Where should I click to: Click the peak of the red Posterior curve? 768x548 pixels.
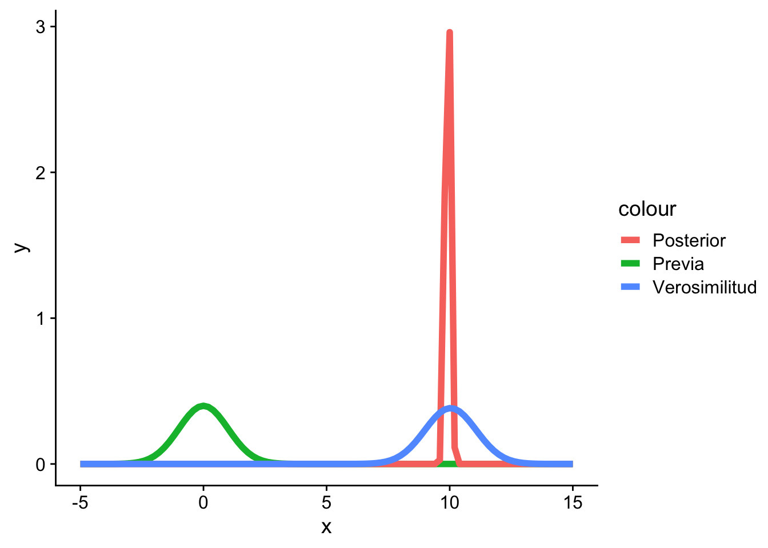(x=450, y=33)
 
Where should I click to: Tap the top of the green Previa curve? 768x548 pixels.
(x=203, y=406)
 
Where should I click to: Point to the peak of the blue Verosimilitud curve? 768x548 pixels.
(x=451, y=408)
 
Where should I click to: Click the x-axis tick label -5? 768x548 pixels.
(x=80, y=503)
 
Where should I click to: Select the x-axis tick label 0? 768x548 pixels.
(x=203, y=503)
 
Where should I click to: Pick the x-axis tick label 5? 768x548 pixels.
(x=326, y=503)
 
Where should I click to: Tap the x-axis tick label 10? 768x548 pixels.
(x=450, y=503)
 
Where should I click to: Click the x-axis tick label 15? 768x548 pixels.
(x=573, y=503)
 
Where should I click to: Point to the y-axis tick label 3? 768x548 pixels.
(x=41, y=27)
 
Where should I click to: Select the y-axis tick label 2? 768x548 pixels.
(x=41, y=172)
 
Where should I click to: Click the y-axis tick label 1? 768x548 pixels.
(x=41, y=318)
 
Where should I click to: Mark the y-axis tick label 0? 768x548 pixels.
(x=41, y=464)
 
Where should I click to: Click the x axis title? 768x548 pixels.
(x=326, y=527)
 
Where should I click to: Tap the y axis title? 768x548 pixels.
(x=21, y=246)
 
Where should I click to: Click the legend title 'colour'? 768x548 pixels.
(x=647, y=209)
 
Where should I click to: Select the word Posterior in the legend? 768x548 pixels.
(x=689, y=240)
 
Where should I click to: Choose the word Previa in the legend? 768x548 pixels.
(x=678, y=264)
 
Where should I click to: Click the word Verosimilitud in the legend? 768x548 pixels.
(x=704, y=287)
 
